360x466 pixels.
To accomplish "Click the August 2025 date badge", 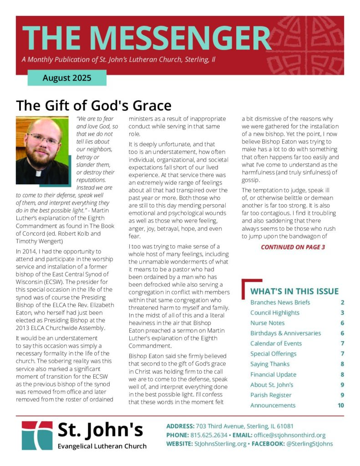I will [67, 78].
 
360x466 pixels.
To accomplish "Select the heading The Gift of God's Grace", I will [94, 106].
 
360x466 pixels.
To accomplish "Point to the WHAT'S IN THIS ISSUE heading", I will [294, 291].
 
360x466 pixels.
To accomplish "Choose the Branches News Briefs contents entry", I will [280, 302].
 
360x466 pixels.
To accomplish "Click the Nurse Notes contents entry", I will [267, 323].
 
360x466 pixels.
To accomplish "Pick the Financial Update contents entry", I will [273, 375].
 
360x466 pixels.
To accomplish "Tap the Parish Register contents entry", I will [271, 395].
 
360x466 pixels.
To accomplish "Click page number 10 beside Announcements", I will [341, 405].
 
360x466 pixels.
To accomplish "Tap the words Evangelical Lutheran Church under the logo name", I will [102, 446].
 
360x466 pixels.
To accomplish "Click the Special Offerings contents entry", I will [273, 354].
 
